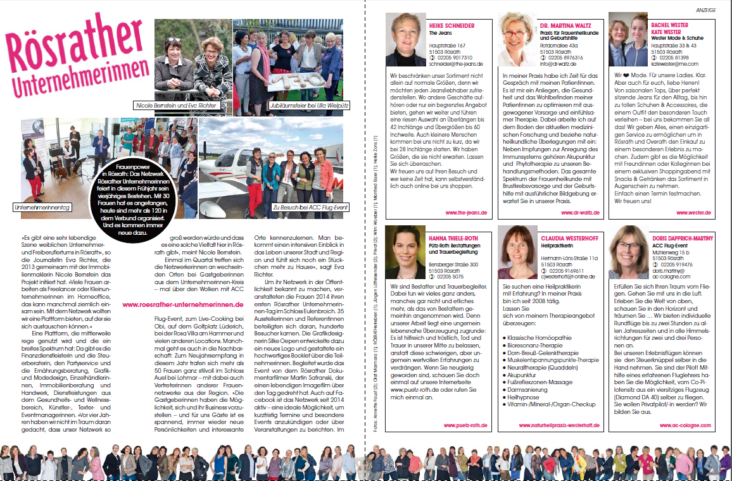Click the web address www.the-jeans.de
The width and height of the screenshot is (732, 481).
point(466,213)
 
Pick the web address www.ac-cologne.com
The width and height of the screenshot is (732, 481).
point(692,426)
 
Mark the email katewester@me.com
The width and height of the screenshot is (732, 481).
point(675,64)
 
